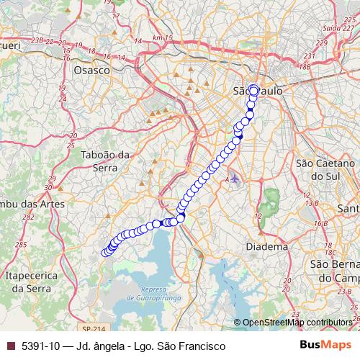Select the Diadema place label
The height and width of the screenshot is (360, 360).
(x=268, y=246)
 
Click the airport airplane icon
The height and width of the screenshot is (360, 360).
(x=234, y=178)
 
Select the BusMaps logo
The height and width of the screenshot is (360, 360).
(x=330, y=346)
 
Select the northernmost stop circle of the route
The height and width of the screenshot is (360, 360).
(x=253, y=89)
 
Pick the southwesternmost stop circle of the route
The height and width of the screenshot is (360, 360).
(x=106, y=252)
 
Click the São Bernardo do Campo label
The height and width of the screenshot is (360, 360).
(x=335, y=271)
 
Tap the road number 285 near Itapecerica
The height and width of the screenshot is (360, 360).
(x=20, y=245)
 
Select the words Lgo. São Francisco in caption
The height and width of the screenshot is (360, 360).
(x=186, y=346)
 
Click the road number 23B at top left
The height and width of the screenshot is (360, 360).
(x=38, y=42)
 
